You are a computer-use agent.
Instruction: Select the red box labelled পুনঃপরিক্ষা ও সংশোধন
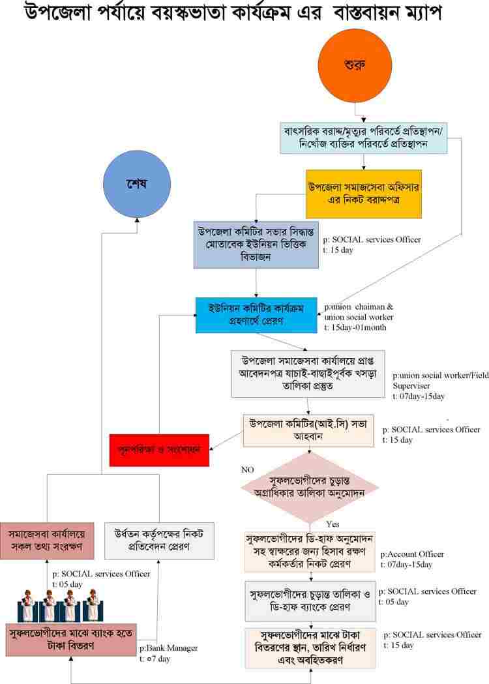[x=159, y=449]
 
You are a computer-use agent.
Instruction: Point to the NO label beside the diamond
[x=248, y=469]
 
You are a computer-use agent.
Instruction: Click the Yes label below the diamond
[x=333, y=524]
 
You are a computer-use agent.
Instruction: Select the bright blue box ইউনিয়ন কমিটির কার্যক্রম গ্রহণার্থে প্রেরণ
[x=258, y=315]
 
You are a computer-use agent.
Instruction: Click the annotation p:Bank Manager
[x=168, y=648]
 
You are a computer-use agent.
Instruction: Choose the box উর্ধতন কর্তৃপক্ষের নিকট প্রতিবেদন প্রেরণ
[x=160, y=540]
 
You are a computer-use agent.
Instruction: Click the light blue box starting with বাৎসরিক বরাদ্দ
[x=364, y=138]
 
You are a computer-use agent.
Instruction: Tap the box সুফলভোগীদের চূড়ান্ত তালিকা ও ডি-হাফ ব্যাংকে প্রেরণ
[x=310, y=601]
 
